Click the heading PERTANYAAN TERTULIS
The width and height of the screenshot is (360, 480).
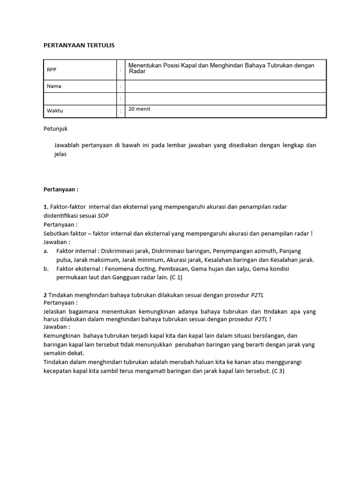[x=79, y=45]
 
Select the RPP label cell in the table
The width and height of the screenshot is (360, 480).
[x=52, y=69]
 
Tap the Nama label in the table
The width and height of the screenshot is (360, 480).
[x=54, y=86]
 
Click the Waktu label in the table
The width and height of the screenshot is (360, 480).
[x=55, y=111]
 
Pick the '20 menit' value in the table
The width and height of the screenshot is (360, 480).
[x=140, y=109]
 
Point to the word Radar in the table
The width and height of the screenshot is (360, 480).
[x=137, y=72]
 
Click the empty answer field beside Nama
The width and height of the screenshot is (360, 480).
[x=225, y=86]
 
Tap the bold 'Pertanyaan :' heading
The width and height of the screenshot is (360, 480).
[x=61, y=189]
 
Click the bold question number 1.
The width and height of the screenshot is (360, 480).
[x=45, y=207]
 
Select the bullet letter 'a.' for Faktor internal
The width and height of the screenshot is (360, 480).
[x=46, y=251]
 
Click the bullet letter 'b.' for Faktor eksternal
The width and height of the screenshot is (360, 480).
[x=46, y=269]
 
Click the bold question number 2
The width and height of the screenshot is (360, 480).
[x=45, y=294]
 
